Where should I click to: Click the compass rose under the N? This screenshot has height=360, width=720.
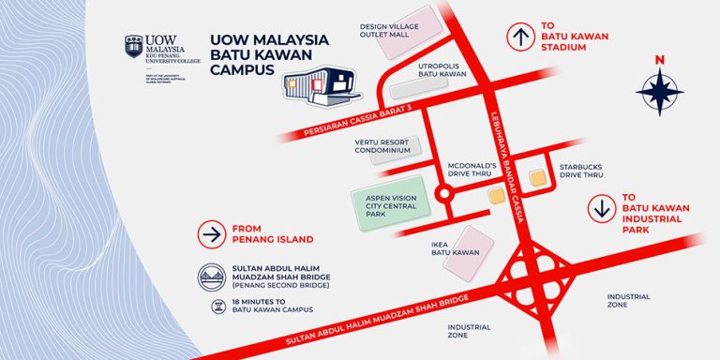coord(659,93)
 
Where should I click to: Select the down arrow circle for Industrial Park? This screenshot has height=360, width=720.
coord(601,208)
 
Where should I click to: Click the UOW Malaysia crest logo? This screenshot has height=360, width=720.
coord(134,48)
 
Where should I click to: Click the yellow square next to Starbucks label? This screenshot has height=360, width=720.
coord(537,176)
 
